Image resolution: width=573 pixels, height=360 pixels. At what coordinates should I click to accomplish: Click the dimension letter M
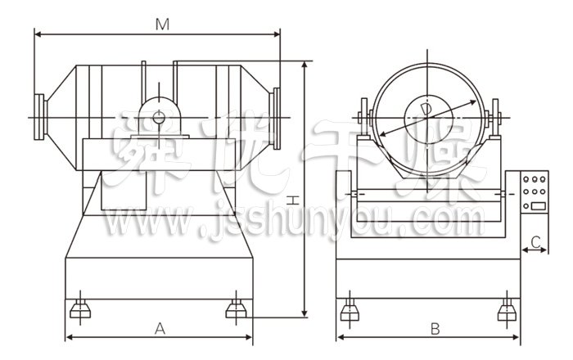pos(162,25)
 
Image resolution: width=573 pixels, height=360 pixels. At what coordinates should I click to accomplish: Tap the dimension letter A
pos(160,329)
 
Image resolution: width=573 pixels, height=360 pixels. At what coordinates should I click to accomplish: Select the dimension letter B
pos(435,329)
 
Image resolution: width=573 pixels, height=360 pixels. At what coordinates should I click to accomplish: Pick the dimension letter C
pos(535,242)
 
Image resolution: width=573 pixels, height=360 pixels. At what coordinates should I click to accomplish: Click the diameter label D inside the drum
pos(426,109)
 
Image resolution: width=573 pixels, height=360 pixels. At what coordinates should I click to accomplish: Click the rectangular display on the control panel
pos(539,206)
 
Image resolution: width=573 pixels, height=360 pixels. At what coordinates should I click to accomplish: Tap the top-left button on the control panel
pos(526,179)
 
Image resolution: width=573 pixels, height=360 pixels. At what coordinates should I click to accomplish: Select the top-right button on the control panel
pos(543,179)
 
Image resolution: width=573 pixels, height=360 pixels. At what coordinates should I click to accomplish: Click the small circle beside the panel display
pos(526,207)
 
